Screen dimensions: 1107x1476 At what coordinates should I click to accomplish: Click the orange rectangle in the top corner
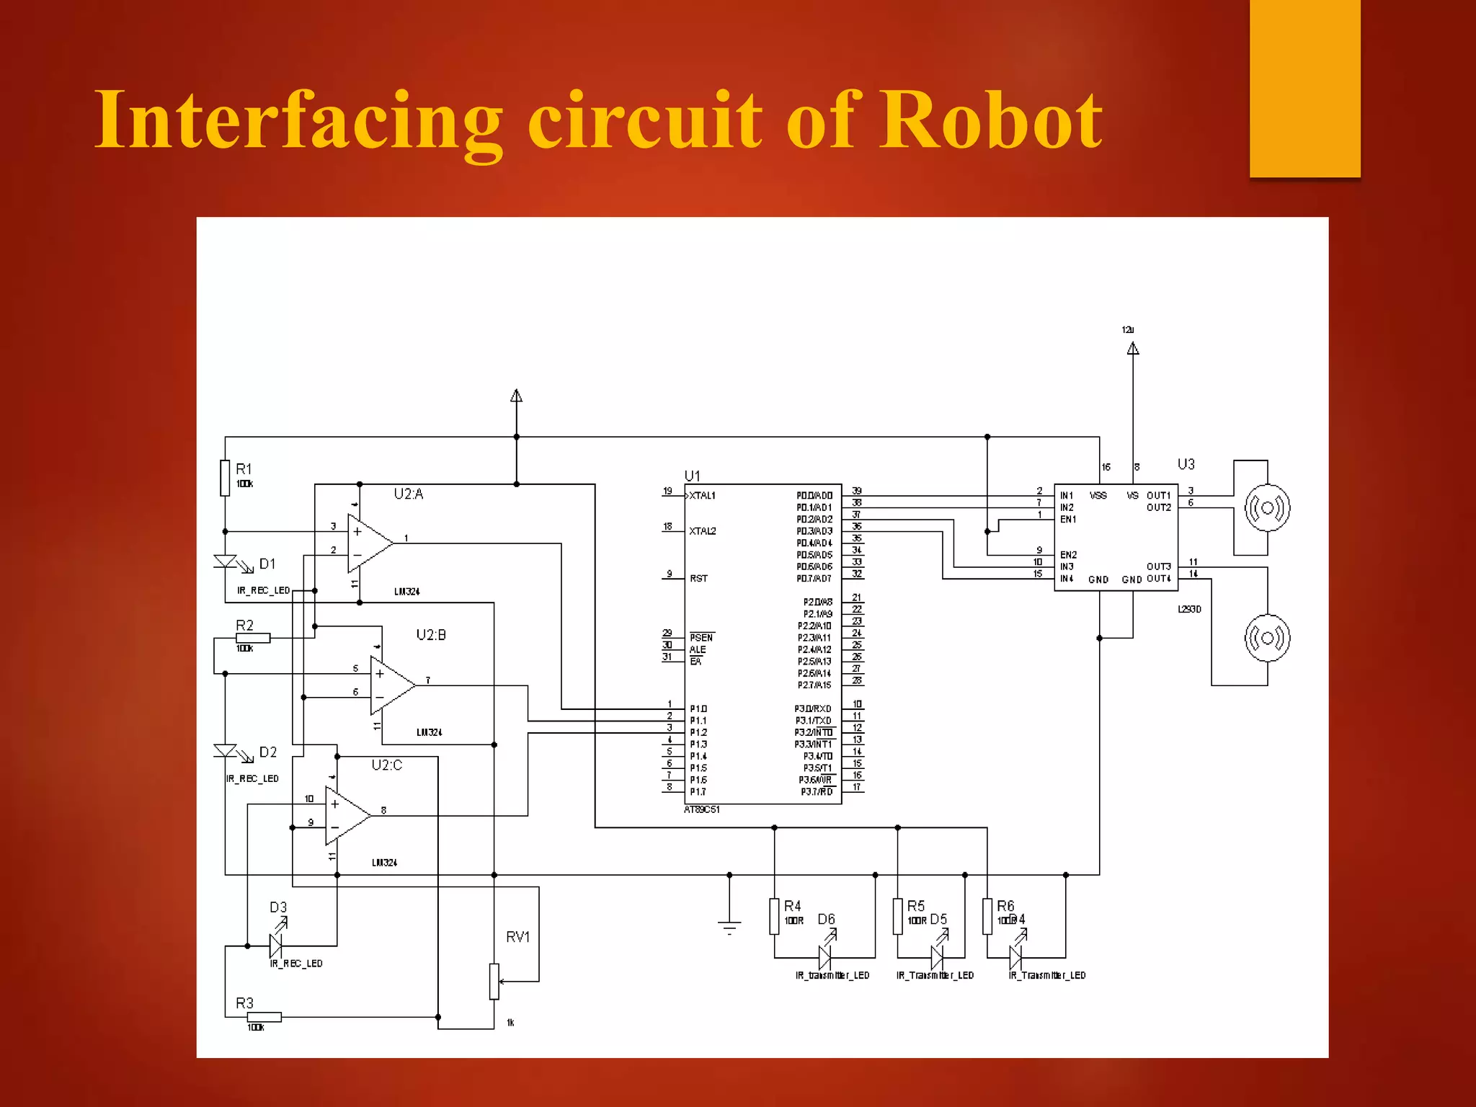[1304, 86]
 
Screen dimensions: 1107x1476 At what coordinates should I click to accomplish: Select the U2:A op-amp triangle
[368, 543]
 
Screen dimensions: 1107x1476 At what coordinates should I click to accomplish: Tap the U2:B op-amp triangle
[390, 685]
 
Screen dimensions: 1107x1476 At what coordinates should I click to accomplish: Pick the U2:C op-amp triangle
[345, 815]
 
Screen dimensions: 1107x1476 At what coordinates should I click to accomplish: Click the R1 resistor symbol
[225, 478]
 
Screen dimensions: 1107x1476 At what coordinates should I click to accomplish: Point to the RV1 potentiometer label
[517, 937]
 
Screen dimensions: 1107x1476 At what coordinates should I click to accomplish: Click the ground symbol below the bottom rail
[729, 926]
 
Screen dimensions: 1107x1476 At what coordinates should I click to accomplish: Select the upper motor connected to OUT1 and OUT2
[1267, 508]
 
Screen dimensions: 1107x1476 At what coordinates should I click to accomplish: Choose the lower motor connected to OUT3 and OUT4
[1267, 638]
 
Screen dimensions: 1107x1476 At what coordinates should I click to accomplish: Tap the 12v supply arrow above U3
[1133, 349]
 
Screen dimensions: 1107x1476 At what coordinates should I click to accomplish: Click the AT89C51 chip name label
[702, 809]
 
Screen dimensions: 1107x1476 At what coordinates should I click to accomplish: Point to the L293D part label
[1189, 609]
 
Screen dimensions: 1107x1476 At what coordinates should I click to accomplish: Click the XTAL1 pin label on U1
[702, 495]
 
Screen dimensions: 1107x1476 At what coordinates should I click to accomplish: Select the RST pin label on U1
[698, 578]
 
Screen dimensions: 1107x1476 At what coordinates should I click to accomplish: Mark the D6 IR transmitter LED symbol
[825, 956]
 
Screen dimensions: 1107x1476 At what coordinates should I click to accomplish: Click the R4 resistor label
[792, 906]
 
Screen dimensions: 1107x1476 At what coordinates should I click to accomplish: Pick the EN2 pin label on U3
[1068, 555]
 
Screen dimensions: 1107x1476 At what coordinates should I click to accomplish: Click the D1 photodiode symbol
[226, 561]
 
